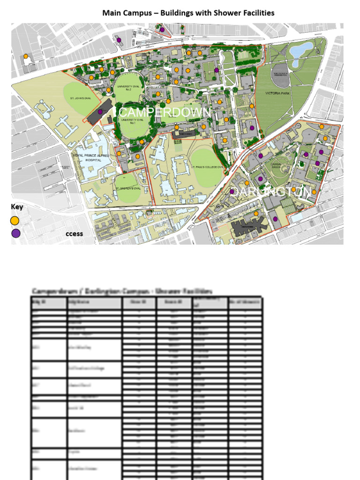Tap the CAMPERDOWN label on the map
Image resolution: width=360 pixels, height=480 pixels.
(165, 112)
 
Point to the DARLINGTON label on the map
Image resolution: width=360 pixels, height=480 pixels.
(272, 192)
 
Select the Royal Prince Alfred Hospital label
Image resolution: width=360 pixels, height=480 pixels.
(90, 157)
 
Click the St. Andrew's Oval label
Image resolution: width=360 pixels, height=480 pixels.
(128, 188)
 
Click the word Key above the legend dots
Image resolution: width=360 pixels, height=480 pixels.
(17, 207)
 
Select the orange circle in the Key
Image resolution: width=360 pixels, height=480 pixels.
(15, 220)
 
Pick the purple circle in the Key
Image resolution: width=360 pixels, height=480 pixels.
(16, 233)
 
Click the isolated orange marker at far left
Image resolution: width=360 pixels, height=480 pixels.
(26, 56)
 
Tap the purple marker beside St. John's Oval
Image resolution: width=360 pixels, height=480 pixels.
(100, 112)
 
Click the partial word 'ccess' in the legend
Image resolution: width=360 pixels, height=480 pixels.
(74, 233)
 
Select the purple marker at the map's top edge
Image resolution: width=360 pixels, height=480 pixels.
(162, 30)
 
